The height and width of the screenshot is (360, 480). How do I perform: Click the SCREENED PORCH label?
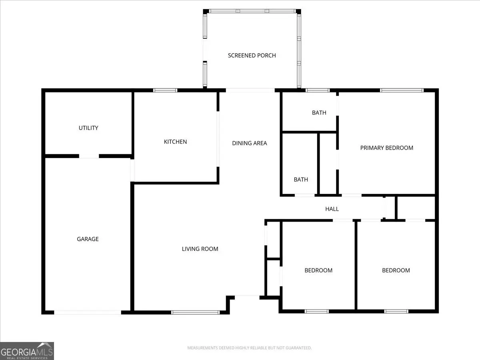pyautogui.click(x=252, y=56)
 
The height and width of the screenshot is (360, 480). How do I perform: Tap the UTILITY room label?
pyautogui.click(x=88, y=128)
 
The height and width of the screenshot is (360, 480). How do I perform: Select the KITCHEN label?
pyautogui.click(x=175, y=142)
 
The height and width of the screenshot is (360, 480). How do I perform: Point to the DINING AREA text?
pyautogui.click(x=249, y=143)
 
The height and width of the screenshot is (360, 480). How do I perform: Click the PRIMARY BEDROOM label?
pyautogui.click(x=387, y=148)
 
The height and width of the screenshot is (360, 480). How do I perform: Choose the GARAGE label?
pyautogui.click(x=88, y=239)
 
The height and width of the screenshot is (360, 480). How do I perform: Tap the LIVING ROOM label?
pyautogui.click(x=200, y=249)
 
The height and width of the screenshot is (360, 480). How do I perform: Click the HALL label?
pyautogui.click(x=332, y=209)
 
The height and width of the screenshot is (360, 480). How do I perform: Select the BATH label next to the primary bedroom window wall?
pyautogui.click(x=319, y=113)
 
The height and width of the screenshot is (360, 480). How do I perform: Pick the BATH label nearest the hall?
pyautogui.click(x=301, y=180)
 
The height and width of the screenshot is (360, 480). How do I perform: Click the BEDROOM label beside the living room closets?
pyautogui.click(x=318, y=270)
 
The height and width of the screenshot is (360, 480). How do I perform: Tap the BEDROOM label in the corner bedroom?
pyautogui.click(x=396, y=270)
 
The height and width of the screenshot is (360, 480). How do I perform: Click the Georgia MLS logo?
pyautogui.click(x=27, y=351)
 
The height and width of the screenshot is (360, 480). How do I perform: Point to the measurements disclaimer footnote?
pyautogui.click(x=249, y=348)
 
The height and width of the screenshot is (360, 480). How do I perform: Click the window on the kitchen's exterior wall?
pyautogui.click(x=165, y=90)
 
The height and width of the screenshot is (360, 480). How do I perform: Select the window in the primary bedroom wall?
pyautogui.click(x=402, y=90)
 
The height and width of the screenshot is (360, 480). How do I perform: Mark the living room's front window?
pyautogui.click(x=195, y=312)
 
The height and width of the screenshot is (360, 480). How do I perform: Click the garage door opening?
pyautogui.click(x=88, y=312)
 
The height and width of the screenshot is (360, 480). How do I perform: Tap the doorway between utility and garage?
pyautogui.click(x=89, y=156)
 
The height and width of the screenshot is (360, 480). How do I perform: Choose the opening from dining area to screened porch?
pyautogui.click(x=250, y=90)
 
